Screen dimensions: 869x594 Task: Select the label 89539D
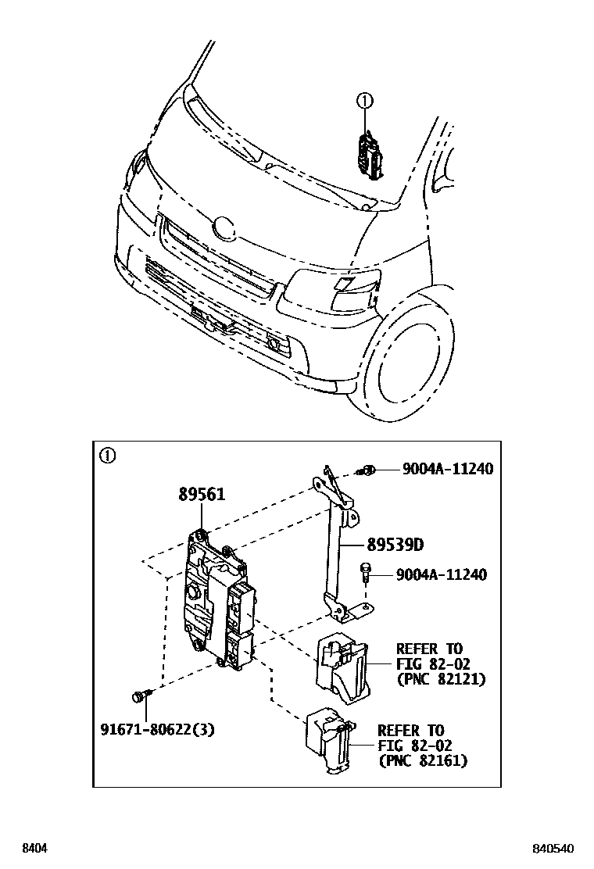click(x=402, y=545)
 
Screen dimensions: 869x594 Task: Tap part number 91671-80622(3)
click(x=157, y=730)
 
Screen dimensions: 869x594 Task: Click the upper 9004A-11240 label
click(x=448, y=469)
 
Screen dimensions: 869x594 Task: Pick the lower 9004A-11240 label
click(x=442, y=575)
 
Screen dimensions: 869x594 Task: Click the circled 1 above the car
click(x=365, y=100)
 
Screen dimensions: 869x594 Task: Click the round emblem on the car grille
click(x=224, y=227)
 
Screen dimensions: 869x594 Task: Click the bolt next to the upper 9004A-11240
click(x=366, y=470)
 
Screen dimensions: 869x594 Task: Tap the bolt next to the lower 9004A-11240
click(x=364, y=574)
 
